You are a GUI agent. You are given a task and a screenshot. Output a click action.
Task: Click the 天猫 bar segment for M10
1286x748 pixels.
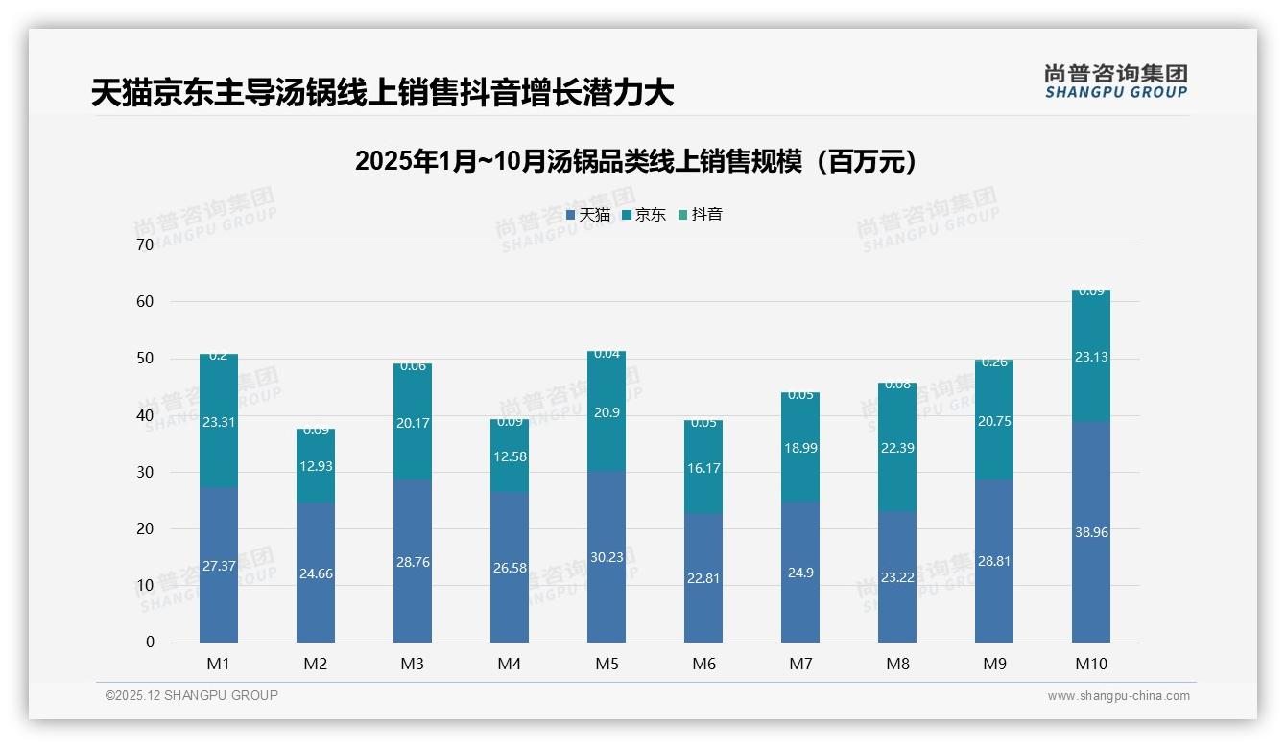tap(1091, 575)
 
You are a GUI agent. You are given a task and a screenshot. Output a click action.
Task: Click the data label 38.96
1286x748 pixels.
tap(1091, 532)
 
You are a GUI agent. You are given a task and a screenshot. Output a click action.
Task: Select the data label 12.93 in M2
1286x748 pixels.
tap(316, 466)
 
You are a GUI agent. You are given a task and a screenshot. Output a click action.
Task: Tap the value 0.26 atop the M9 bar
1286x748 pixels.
tap(994, 362)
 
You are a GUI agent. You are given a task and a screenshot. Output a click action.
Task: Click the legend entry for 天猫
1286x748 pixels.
tap(588, 215)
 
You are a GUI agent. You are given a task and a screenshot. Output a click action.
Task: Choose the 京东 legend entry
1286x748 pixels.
tap(644, 215)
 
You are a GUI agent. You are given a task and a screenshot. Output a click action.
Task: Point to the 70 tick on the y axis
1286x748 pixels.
tap(145, 245)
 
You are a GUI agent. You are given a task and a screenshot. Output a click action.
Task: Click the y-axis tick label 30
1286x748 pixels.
tap(145, 472)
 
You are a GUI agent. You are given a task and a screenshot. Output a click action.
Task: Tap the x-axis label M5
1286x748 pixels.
tap(607, 664)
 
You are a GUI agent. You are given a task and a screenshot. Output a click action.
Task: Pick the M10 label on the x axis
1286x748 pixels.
tap(1091, 664)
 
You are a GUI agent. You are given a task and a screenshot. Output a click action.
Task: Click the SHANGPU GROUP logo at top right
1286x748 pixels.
tap(1115, 82)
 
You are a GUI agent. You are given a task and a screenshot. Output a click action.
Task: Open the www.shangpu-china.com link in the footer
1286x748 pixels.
tap(1118, 696)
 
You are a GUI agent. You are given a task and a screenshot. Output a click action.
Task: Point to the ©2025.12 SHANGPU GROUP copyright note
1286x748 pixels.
tap(192, 696)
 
